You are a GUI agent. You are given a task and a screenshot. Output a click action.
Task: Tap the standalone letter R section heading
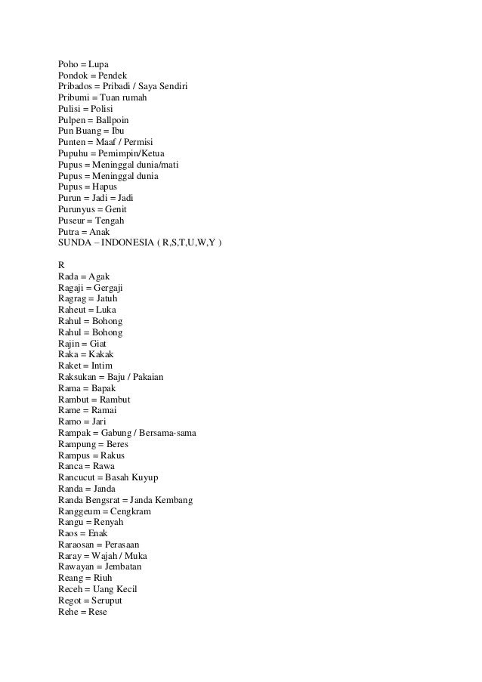tap(61, 265)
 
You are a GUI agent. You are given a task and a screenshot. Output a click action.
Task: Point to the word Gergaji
tap(107, 288)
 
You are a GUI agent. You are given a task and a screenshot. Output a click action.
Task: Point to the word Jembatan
tap(119, 566)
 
